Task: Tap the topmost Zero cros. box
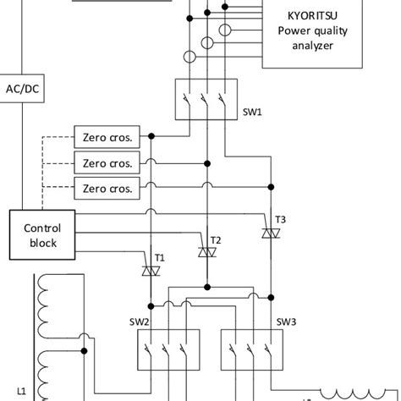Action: [107, 136]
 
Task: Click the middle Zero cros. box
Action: [107, 162]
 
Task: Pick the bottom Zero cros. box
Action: [107, 188]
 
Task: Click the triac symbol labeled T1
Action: [151, 271]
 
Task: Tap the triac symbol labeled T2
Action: [206, 251]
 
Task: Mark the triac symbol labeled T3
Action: [270, 233]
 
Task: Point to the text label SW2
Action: [140, 322]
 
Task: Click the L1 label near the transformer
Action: [22, 390]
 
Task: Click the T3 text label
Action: [280, 219]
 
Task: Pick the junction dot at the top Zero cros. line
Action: [151, 136]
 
